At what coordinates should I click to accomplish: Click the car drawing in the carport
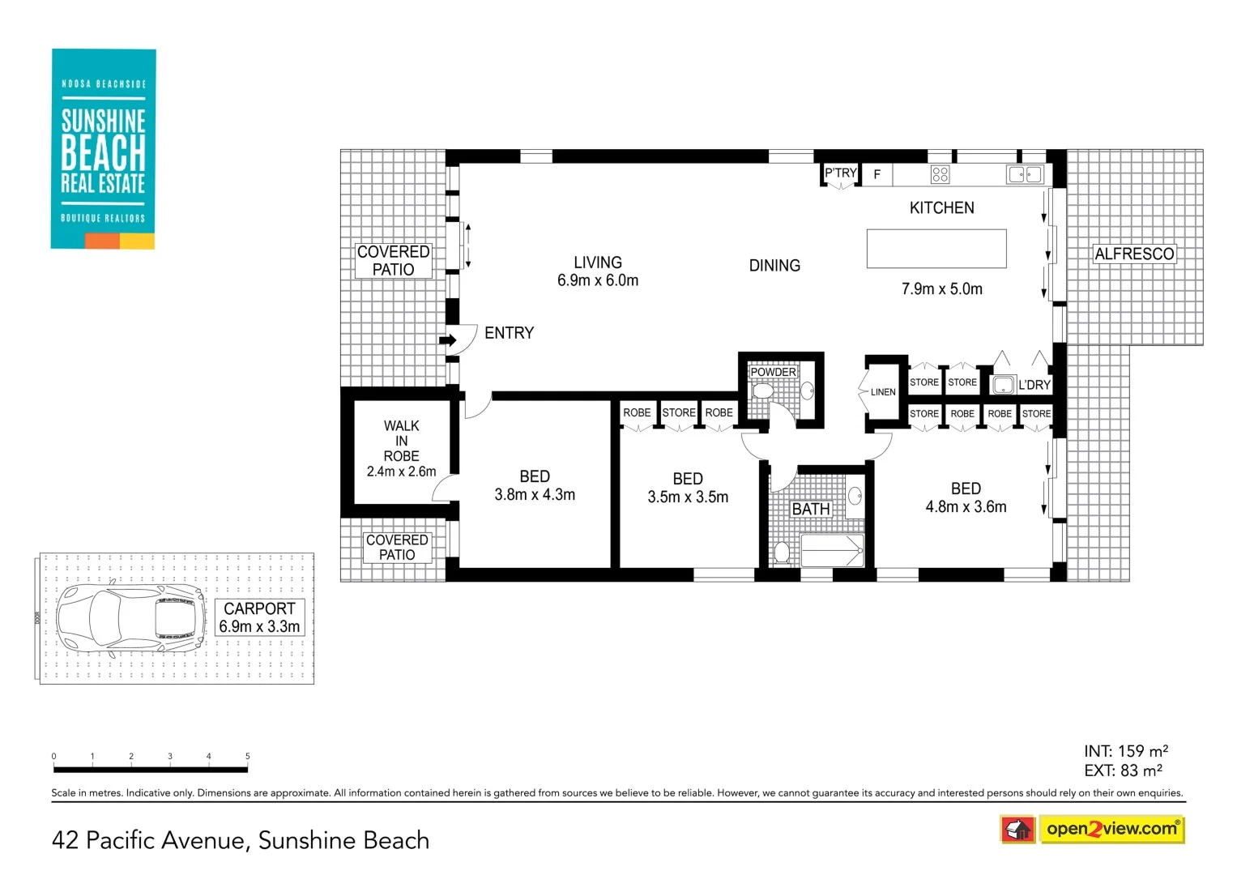point(130,618)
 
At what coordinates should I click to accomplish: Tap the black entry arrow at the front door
point(447,340)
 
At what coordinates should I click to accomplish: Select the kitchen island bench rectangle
point(936,249)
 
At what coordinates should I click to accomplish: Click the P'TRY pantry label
point(840,173)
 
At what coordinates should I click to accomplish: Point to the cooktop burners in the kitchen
point(940,174)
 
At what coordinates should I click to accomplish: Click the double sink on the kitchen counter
point(1025,174)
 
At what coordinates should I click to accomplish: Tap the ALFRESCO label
point(1134,254)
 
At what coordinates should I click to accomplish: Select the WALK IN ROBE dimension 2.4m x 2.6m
point(401,472)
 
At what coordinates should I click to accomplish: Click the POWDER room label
point(773,372)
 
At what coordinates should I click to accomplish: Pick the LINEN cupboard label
point(883,392)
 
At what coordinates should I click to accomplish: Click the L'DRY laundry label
point(1034,385)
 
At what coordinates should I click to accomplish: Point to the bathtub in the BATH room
point(832,551)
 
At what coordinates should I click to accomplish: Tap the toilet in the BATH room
point(781,553)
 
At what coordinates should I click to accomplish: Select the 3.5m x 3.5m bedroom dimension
point(688,497)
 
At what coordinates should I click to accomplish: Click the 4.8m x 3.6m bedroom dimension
point(966,507)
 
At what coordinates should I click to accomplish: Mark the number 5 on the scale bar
point(248,756)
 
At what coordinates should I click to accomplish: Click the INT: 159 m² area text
point(1125,751)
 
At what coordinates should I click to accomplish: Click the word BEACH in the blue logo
point(103,152)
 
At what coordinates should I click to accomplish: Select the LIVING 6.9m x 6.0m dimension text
point(598,280)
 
